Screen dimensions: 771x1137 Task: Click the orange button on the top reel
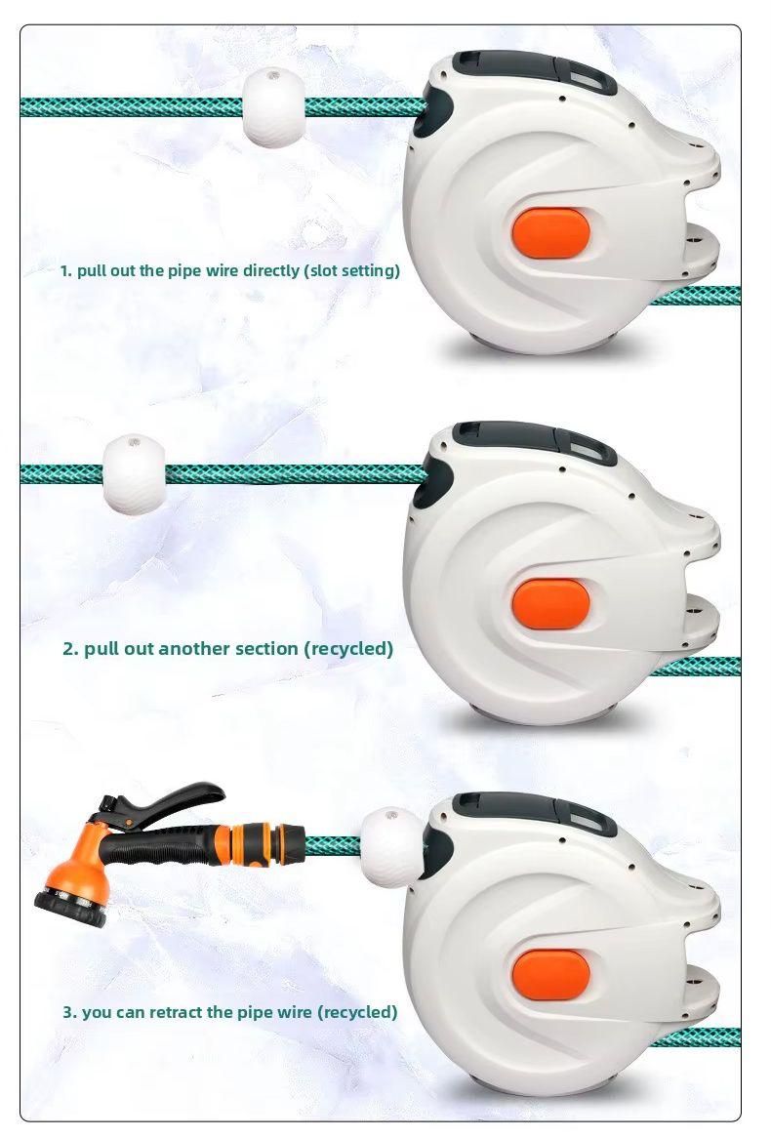[x=551, y=232]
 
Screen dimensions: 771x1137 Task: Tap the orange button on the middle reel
[x=551, y=603]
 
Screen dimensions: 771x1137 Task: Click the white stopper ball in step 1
[x=273, y=108]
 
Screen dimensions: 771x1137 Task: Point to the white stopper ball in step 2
[x=134, y=475]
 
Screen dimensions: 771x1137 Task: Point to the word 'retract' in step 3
[x=176, y=1011]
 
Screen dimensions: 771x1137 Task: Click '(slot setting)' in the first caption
[x=351, y=271]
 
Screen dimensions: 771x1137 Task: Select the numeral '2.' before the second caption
[x=70, y=648]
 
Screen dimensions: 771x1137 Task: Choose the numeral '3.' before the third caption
[x=69, y=1011]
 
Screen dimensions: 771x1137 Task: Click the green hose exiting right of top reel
[x=695, y=296]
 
